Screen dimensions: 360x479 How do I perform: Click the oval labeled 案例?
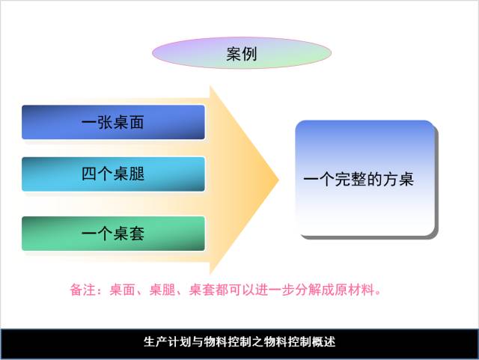coord(241,53)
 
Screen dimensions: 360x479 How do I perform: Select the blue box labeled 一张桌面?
coord(113,122)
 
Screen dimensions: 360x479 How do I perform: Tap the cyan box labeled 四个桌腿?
coord(113,174)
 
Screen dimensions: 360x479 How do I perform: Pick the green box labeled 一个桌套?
coord(113,233)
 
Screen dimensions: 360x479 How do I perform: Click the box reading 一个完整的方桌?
coord(365,179)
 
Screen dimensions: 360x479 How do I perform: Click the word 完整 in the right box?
coord(344,180)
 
